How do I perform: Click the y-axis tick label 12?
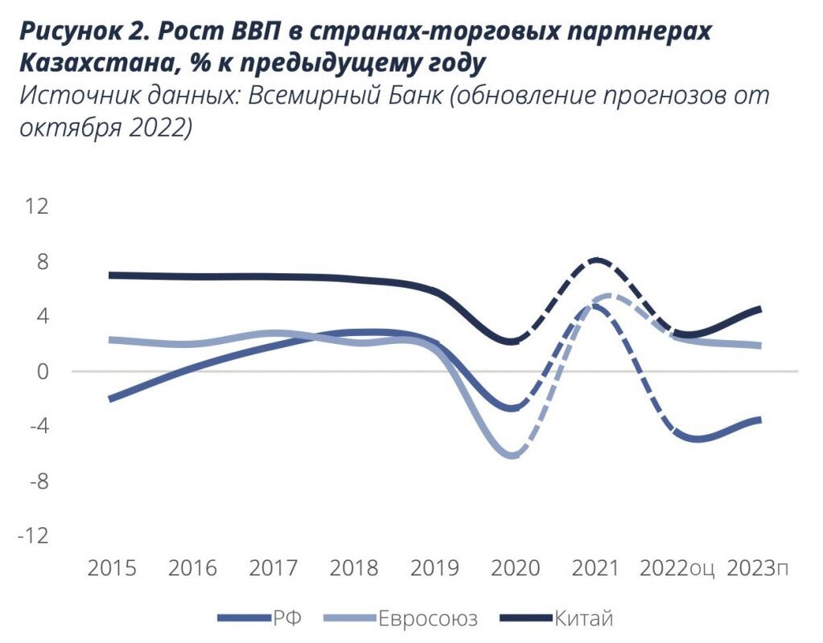pyautogui.click(x=37, y=207)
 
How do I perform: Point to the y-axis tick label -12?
pyautogui.click(x=33, y=536)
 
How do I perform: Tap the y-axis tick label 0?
pyautogui.click(x=43, y=371)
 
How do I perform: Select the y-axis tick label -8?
pyautogui.click(x=37, y=481)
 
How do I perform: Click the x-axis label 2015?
pyautogui.click(x=111, y=568)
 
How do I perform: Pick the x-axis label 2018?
pyautogui.click(x=353, y=568)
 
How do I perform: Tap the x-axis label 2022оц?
pyautogui.click(x=677, y=568)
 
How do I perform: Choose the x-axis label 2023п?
pyautogui.click(x=757, y=568)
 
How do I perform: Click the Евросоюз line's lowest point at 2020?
pyautogui.click(x=512, y=456)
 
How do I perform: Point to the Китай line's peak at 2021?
pyautogui.click(x=596, y=260)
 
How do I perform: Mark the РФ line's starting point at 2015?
pyautogui.click(x=110, y=399)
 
